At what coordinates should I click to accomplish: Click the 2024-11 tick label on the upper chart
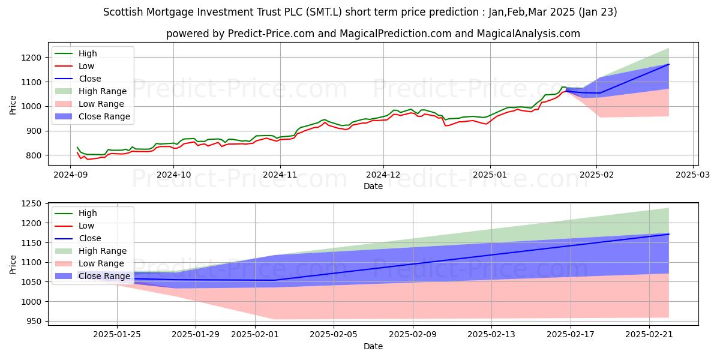[x=280, y=175]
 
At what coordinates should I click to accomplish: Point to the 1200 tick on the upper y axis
[x=33, y=58]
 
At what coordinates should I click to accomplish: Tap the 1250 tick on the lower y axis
[x=33, y=204]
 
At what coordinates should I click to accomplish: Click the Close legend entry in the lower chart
[x=89, y=238]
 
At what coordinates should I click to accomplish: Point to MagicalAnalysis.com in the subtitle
[x=528, y=34]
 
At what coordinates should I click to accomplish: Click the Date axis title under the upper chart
[x=373, y=186]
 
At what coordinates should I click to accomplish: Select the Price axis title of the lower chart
[x=13, y=264]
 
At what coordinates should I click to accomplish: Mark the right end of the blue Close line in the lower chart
[x=668, y=234]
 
